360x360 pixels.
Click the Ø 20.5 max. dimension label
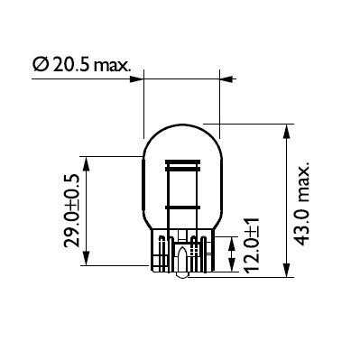tap(81, 65)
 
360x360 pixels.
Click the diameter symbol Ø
tap(41, 65)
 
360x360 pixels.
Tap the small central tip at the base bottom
tap(181, 270)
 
